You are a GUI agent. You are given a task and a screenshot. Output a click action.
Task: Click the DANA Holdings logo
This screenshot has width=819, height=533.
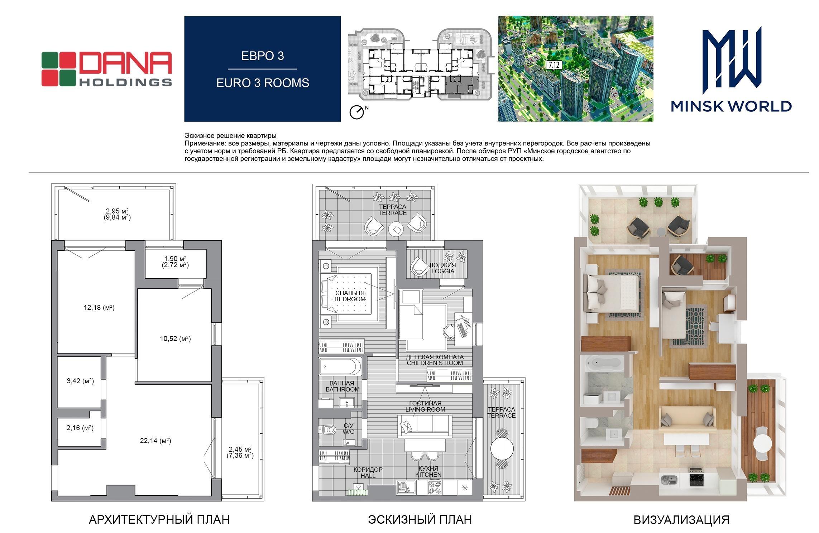[106, 69]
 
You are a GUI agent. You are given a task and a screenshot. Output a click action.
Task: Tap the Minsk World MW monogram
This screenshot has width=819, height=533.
[731, 57]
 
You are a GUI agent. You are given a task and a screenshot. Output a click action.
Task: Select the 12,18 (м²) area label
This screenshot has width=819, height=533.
[99, 307]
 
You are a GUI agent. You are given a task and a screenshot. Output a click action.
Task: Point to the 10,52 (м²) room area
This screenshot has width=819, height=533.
[175, 338]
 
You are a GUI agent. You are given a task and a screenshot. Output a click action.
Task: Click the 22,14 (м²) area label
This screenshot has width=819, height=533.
[155, 441]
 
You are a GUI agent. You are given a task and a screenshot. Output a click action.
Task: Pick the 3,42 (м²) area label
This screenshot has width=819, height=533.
[80, 381]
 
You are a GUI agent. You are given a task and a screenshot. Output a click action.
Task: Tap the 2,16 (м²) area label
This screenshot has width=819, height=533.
[80, 428]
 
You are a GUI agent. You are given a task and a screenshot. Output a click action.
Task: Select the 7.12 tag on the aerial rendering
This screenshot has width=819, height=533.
[554, 65]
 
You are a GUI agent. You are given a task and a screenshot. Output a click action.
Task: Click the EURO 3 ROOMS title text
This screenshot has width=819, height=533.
[263, 83]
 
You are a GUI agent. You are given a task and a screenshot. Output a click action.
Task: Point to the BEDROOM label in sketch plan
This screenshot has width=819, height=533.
[350, 299]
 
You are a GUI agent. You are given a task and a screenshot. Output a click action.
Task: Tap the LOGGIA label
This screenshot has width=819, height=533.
[443, 271]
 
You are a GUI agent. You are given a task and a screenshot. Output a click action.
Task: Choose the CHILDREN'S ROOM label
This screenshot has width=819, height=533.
[435, 363]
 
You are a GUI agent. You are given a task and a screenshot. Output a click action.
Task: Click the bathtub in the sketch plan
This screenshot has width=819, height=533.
[340, 366]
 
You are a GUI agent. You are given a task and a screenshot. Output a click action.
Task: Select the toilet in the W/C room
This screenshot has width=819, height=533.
[327, 429]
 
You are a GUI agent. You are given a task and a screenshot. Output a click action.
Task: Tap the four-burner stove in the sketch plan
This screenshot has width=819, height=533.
[435, 488]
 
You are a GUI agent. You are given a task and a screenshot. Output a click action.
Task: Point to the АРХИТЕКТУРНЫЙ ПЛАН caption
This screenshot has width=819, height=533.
[159, 519]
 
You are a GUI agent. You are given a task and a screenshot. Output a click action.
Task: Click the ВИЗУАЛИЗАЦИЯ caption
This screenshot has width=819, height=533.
[681, 520]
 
